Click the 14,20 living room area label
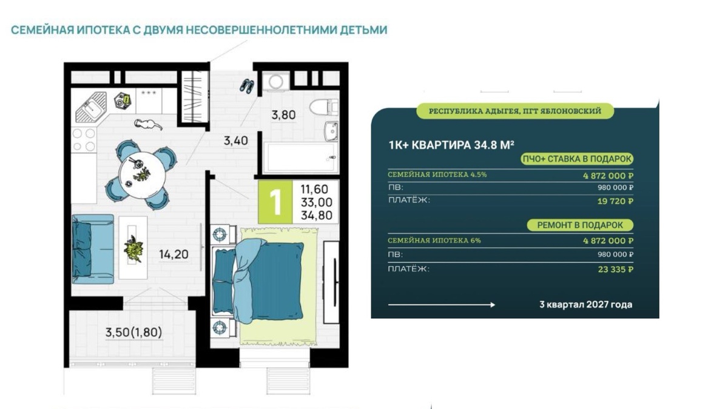(174, 254)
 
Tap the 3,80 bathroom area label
(283, 115)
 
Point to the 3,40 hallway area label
(235, 141)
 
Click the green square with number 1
(275, 202)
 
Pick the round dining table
(143, 175)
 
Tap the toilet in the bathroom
(324, 107)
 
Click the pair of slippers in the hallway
(247, 86)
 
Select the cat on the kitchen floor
(148, 124)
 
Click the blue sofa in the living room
(93, 249)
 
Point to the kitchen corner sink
(92, 107)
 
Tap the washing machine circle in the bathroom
(275, 82)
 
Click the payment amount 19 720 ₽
(615, 201)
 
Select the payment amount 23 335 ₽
(615, 270)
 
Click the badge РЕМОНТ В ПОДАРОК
(580, 225)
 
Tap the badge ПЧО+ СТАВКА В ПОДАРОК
(577, 159)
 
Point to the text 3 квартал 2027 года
(585, 304)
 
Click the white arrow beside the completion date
(442, 305)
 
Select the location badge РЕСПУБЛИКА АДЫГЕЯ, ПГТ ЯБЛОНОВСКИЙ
(515, 111)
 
